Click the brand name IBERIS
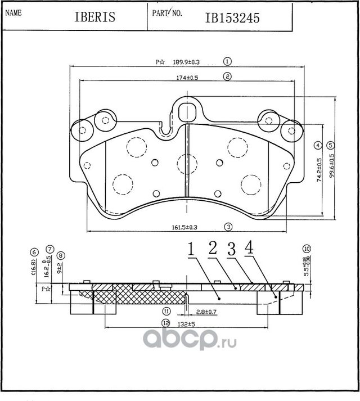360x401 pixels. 94,17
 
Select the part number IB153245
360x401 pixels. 228,17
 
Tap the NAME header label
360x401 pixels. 13,11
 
